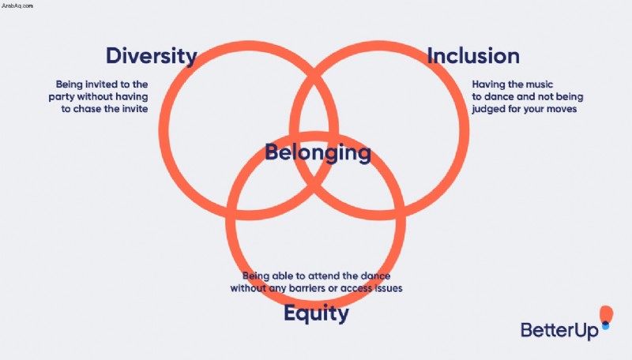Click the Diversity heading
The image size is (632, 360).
point(152,56)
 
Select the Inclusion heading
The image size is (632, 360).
point(473,55)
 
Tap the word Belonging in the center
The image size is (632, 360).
point(318,152)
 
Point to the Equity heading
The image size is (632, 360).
point(317,313)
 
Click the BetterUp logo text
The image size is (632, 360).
point(559,330)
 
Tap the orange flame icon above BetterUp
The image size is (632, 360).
point(606,313)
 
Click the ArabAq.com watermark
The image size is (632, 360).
point(17,6)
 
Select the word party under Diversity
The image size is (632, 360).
point(62,96)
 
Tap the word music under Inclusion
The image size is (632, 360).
point(539,84)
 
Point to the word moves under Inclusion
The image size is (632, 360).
point(562,109)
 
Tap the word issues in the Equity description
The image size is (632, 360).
point(389,288)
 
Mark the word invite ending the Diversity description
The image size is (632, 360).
point(134,109)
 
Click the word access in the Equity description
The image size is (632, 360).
point(356,288)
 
